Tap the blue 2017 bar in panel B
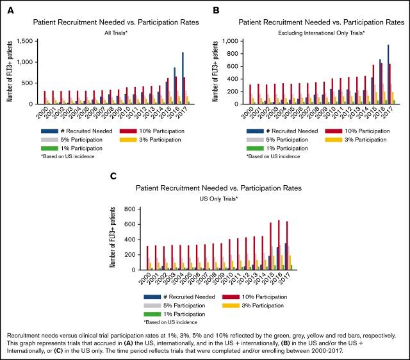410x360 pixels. point(388,74)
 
